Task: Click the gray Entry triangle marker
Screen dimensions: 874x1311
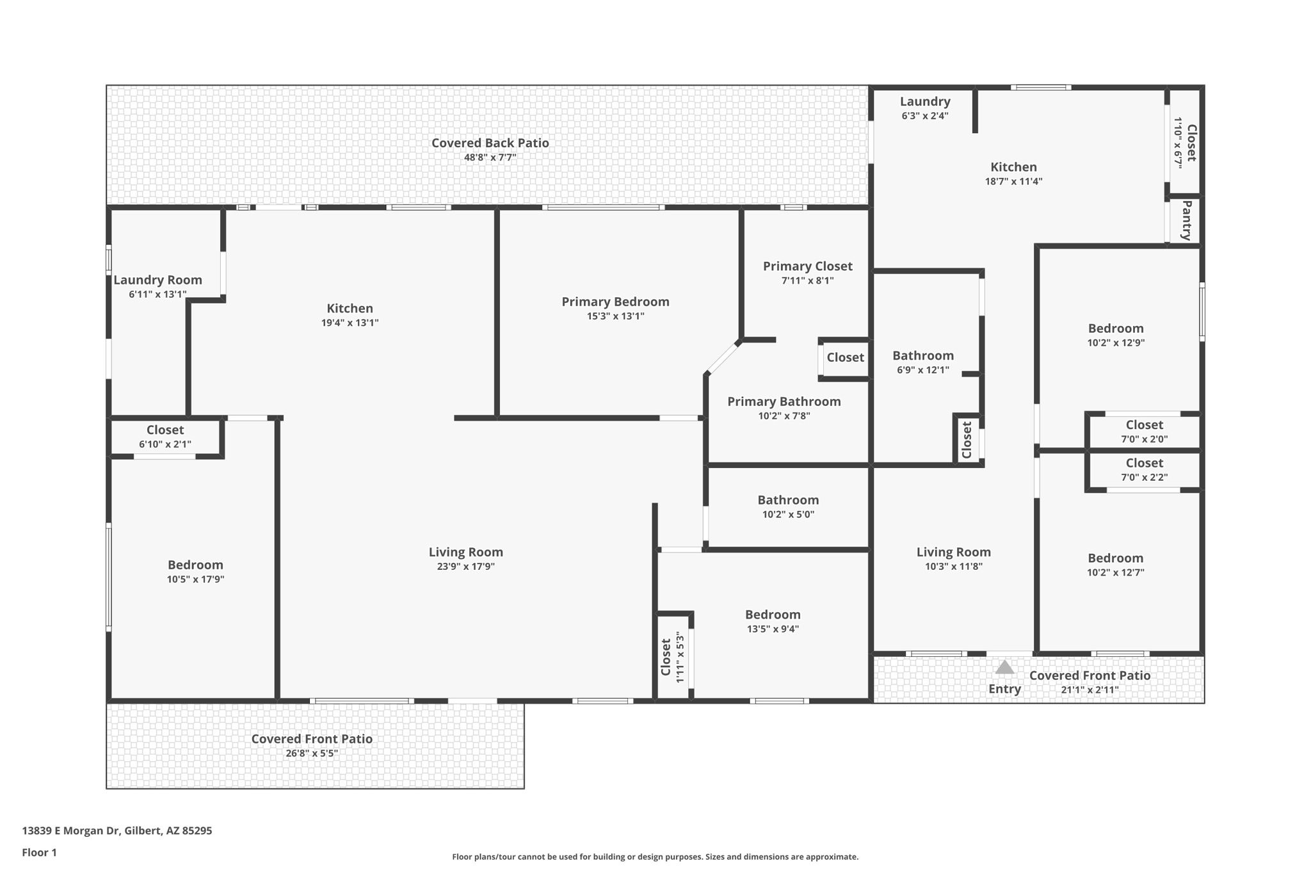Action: point(1004,667)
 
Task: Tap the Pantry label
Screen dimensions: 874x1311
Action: point(1186,220)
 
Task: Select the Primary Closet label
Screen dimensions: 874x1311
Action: point(807,266)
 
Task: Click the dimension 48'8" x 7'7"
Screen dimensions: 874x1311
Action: point(490,158)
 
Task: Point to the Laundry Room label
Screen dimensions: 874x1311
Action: point(157,280)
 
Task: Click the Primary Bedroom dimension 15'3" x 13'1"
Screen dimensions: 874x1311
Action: point(615,316)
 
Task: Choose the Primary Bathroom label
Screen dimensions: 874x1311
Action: point(784,401)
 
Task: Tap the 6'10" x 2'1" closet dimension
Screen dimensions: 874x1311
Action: point(165,444)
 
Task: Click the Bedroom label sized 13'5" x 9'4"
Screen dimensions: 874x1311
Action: point(773,615)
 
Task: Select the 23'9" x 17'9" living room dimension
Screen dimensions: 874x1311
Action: point(465,567)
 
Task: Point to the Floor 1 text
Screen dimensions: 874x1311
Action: point(39,852)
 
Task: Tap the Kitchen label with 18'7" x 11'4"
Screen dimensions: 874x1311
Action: point(1013,167)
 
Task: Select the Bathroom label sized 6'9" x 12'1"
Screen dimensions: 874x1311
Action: point(923,355)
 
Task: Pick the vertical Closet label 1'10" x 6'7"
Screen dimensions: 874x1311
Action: point(1191,143)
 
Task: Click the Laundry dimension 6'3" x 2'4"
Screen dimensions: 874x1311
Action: point(925,116)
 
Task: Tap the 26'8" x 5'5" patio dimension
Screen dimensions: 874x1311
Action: point(312,754)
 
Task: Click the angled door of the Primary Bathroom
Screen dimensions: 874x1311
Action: point(723,358)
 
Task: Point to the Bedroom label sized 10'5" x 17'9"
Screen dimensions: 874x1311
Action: point(195,565)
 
